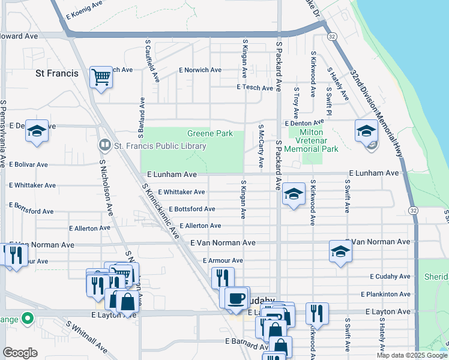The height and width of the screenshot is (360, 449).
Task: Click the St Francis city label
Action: pyautogui.click(x=57, y=73)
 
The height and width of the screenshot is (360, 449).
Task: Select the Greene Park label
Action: pyautogui.click(x=210, y=134)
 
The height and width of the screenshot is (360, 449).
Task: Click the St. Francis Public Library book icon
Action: pyautogui.click(x=104, y=146)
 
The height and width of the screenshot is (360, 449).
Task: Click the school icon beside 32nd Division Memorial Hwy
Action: pyautogui.click(x=366, y=130)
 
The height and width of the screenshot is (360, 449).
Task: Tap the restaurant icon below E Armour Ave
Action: pyautogui.click(x=222, y=277)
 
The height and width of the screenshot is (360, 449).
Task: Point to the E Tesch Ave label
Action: pyautogui.click(x=255, y=87)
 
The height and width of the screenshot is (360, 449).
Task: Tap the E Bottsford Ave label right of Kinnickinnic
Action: pyautogui.click(x=192, y=209)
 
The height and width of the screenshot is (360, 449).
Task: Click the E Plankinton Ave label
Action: pyautogui.click(x=385, y=294)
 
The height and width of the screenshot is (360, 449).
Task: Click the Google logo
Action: pyautogui.click(x=20, y=353)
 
